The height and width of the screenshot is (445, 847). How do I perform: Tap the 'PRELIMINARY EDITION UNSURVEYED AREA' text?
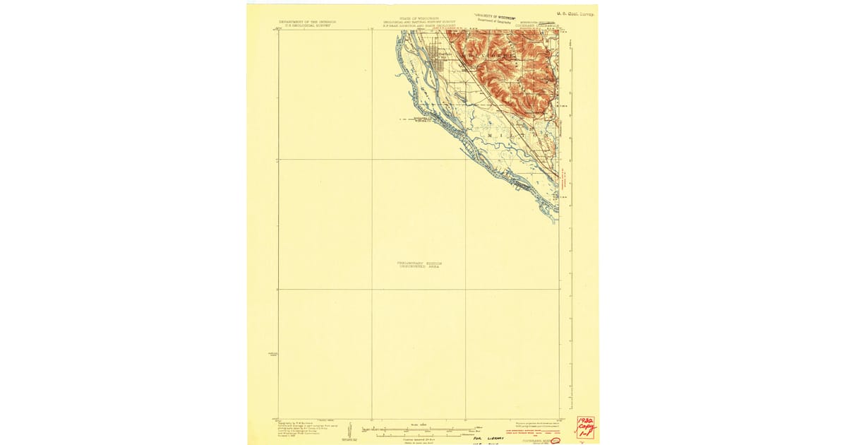(419, 265)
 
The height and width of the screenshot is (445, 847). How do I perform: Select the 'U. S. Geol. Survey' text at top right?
(575, 13)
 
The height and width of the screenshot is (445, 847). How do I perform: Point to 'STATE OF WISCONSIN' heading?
(419, 18)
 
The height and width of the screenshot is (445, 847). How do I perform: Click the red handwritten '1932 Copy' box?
(585, 427)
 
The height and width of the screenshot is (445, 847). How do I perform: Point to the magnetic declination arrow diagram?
(350, 430)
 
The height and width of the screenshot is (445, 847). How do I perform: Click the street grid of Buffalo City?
(439, 65)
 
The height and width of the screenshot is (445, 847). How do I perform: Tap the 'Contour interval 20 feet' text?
(419, 437)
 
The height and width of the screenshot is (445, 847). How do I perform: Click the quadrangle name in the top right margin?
(541, 25)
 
